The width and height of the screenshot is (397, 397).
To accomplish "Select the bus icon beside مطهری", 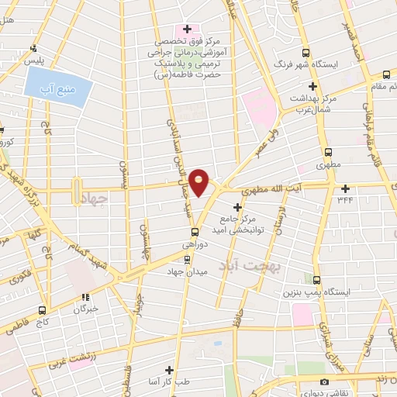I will (328, 153).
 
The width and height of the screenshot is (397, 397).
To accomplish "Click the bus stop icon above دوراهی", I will (195, 231).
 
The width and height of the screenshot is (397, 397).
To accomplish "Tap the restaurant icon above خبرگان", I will (86, 295).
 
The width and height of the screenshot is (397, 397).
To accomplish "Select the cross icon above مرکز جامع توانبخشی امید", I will (237, 206).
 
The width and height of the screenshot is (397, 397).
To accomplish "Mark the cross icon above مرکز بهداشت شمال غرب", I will (313, 86).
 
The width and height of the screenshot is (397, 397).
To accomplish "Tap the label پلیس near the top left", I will (33, 60).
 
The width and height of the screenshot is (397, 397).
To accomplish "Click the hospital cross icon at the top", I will (187, 29).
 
